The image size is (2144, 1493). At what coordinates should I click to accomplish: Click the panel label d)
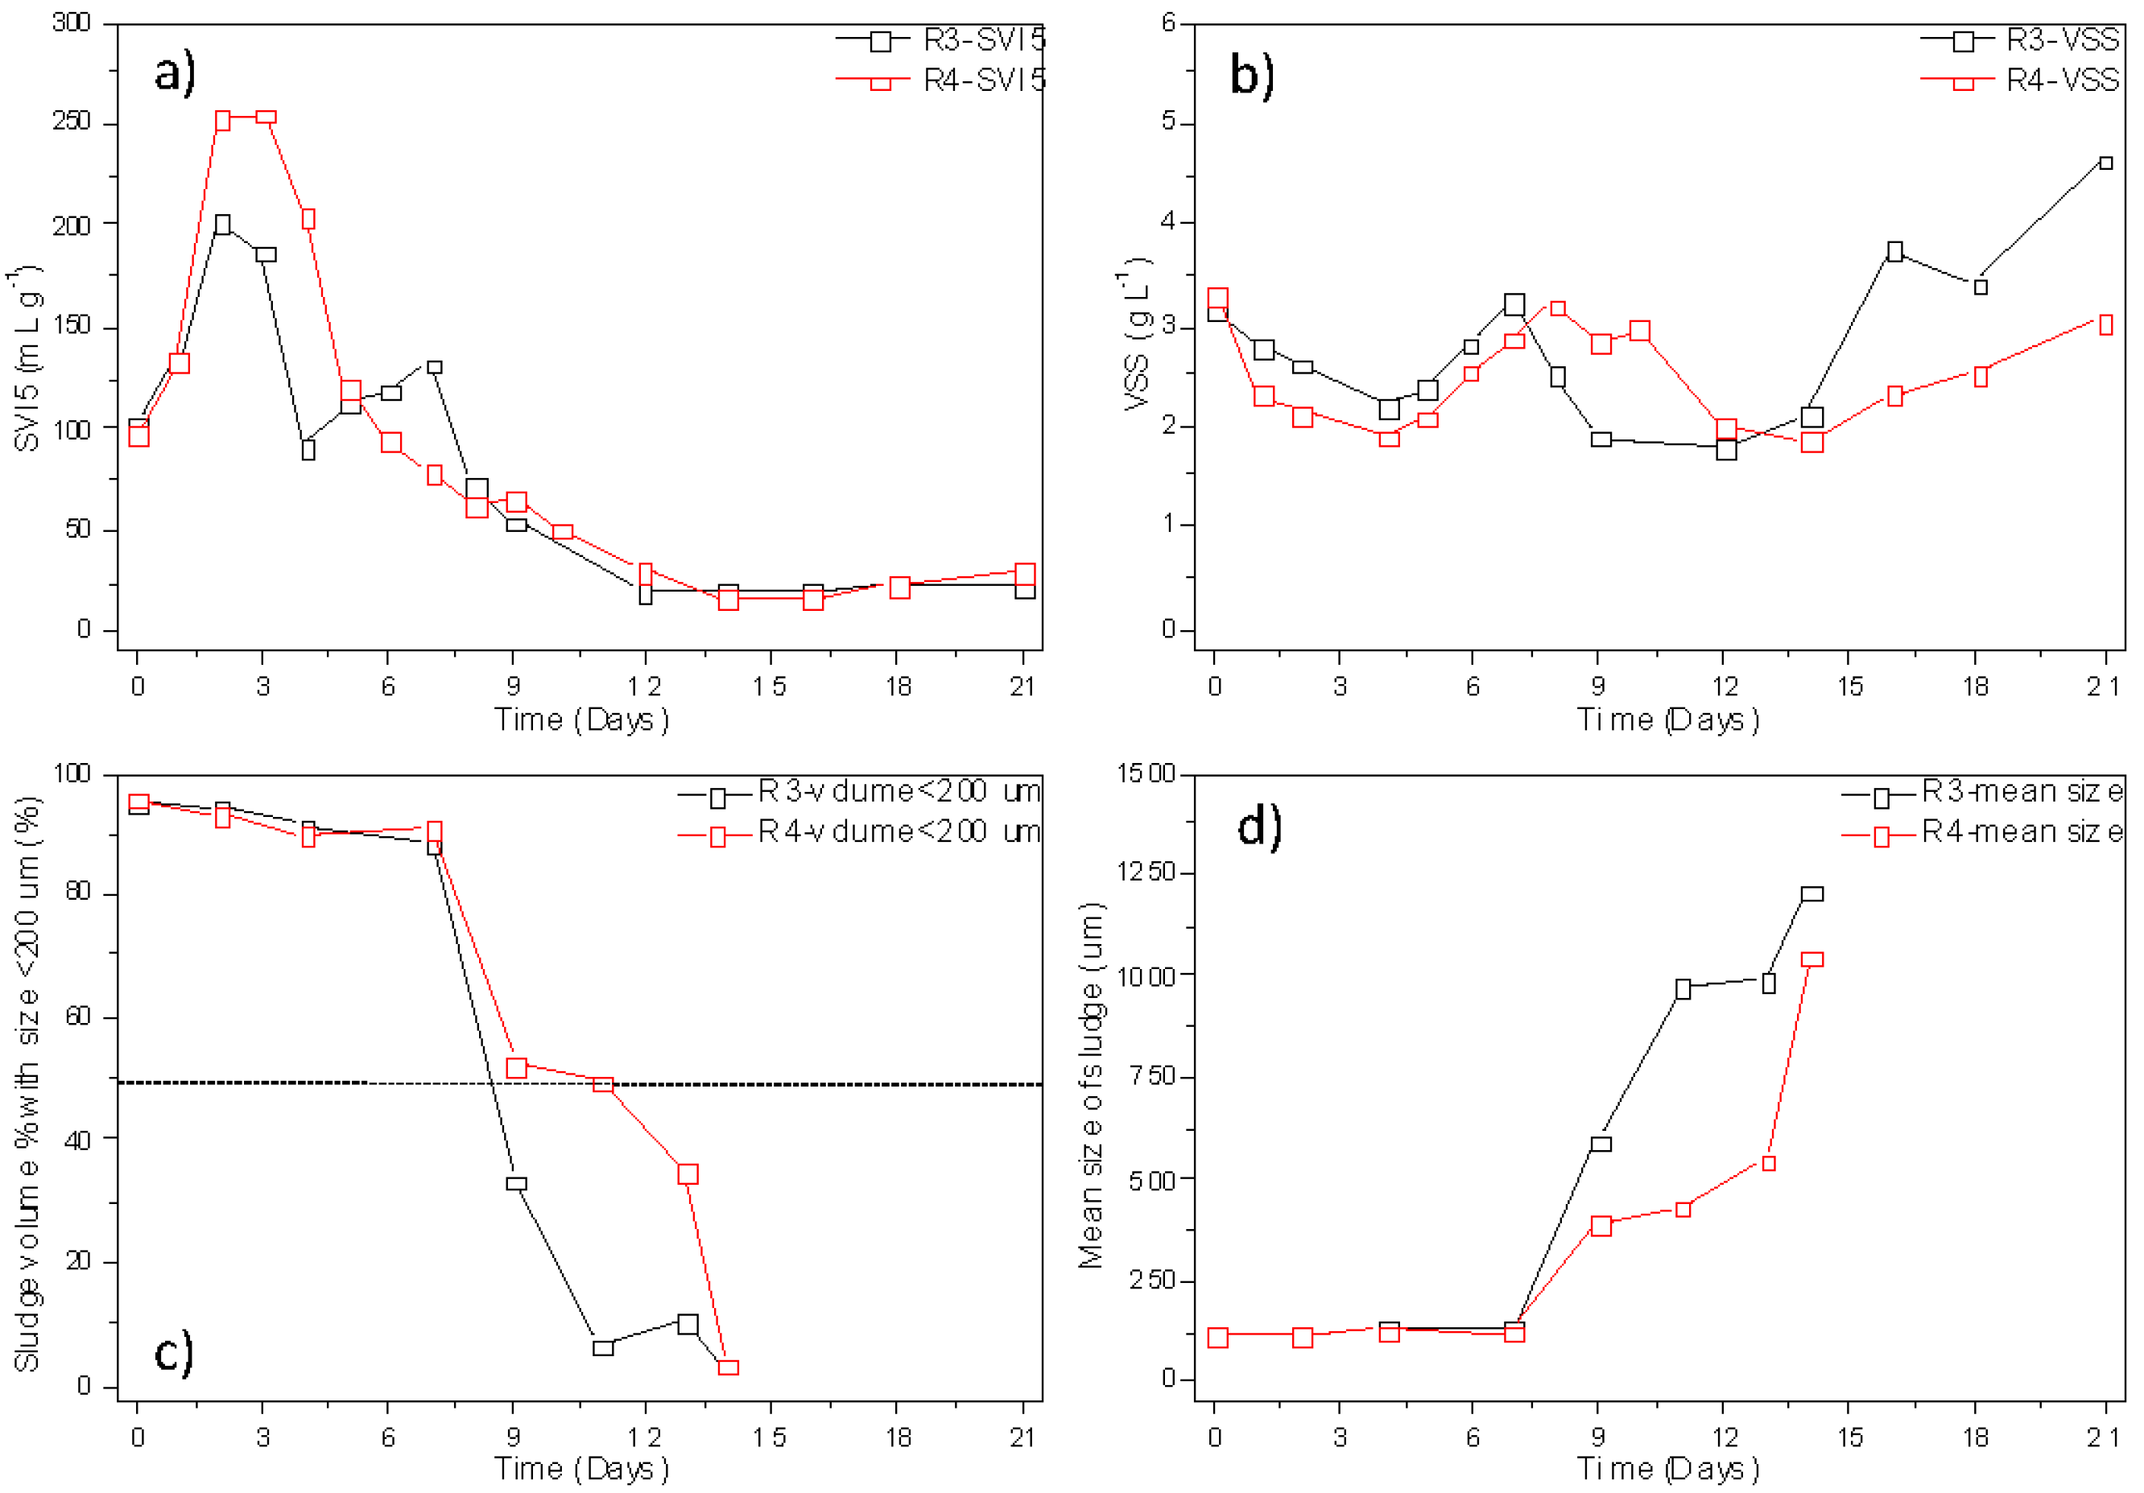point(1258,827)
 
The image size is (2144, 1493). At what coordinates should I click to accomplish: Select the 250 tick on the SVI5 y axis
point(72,122)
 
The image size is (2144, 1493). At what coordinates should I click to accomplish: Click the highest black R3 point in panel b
point(2105,163)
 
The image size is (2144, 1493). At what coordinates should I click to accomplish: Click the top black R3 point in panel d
point(1811,893)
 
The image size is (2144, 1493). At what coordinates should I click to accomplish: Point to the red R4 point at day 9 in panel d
point(1601,1225)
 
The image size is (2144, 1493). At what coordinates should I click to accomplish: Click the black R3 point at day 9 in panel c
point(515,1183)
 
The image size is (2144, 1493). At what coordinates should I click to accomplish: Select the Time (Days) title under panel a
point(580,719)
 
